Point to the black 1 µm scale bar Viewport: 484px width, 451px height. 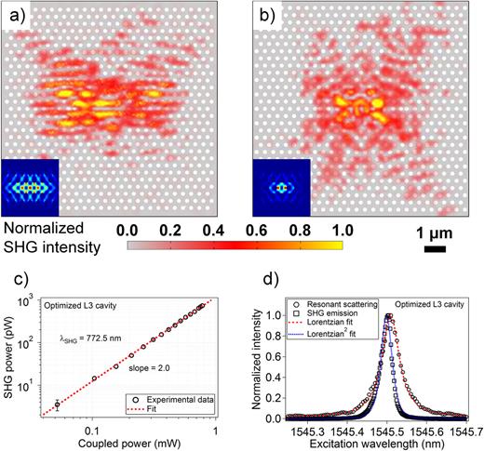point(434,248)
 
